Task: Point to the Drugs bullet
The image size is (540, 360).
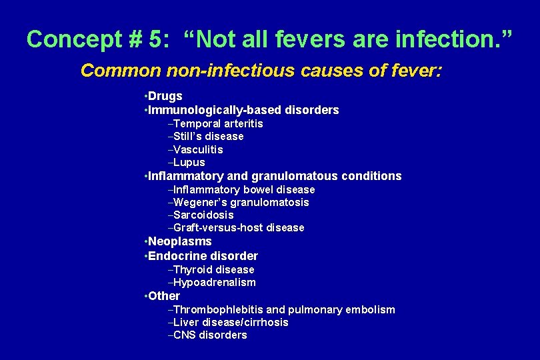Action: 165,96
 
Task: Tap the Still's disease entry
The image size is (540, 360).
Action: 208,136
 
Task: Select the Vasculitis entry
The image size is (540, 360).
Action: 198,149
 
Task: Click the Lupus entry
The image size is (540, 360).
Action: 189,162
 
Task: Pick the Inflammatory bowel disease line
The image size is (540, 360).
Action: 243,189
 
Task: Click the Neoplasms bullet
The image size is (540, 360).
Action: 180,241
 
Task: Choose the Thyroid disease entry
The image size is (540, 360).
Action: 213,269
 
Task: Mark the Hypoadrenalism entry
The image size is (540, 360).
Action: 214,282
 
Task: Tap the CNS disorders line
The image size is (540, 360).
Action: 209,335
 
